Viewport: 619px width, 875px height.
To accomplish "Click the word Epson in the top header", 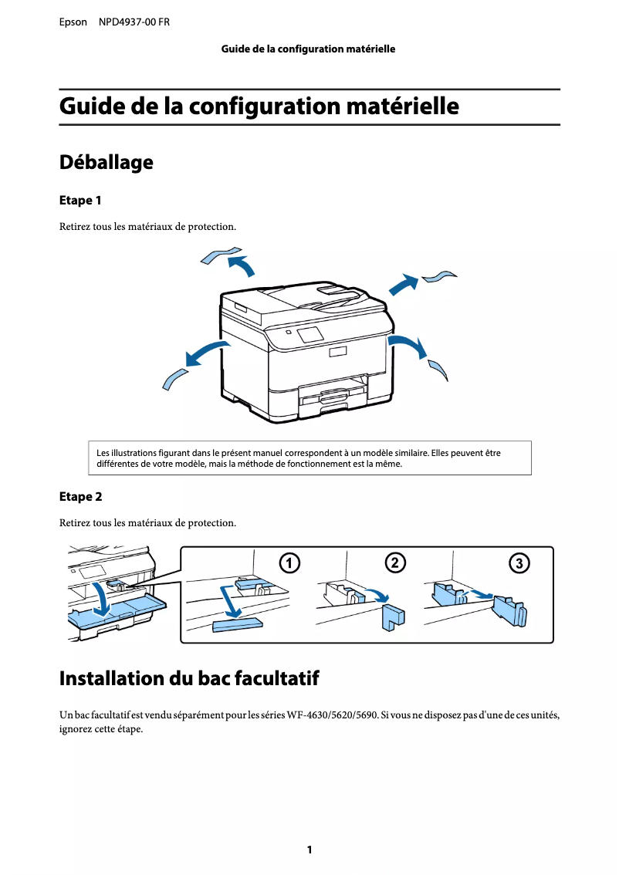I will (73, 22).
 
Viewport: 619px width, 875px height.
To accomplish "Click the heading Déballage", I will (106, 163).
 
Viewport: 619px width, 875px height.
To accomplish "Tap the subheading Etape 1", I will (80, 201).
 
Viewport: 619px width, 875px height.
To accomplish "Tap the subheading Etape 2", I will (80, 496).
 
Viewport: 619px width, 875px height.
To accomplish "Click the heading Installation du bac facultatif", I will (188, 679).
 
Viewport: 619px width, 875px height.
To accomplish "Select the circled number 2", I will (394, 562).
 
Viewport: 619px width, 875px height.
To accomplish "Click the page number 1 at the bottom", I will (309, 850).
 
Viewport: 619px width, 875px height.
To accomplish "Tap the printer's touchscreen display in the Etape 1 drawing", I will (310, 334).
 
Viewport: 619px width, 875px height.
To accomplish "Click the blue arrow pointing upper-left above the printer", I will (242, 265).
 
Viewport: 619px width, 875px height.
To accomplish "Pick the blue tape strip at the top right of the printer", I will (440, 276).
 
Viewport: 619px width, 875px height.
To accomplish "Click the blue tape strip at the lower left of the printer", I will (174, 378).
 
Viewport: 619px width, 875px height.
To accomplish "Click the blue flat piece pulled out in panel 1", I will (236, 623).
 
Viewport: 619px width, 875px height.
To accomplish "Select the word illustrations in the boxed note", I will (137, 453).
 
